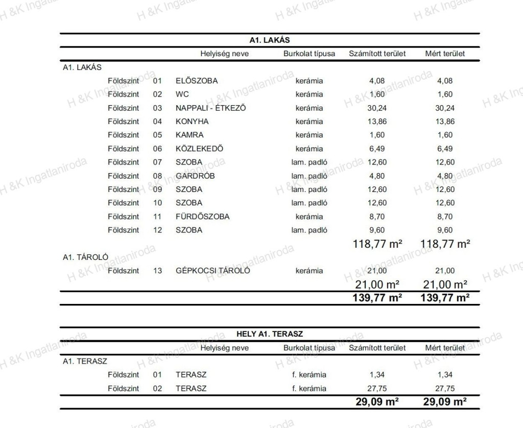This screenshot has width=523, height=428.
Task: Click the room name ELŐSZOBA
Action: point(197,81)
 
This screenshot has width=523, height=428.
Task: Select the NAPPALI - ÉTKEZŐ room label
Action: point(211,108)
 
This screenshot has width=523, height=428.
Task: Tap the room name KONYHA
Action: point(192,122)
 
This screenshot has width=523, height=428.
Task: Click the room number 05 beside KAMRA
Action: point(157,135)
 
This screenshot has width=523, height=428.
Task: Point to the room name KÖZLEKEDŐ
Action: point(199,149)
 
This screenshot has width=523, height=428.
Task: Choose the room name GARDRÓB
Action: point(195,176)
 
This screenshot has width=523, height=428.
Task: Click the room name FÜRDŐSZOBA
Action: point(202,217)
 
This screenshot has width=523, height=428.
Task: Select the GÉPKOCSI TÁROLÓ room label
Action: point(212,271)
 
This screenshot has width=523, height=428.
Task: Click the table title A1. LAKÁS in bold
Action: point(270,39)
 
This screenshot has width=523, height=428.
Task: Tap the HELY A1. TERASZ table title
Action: point(270,334)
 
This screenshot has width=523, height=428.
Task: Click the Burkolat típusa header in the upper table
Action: point(309,53)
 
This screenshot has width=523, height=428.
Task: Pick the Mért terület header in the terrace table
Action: point(445,348)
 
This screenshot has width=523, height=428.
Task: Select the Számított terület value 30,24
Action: point(377,108)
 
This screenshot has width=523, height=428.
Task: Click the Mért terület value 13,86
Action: point(445,122)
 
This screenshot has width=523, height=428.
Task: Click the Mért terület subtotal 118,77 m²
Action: point(445,244)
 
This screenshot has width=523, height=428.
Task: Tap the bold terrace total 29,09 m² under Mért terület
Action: point(445,401)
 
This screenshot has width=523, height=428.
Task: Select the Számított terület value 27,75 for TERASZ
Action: point(377,388)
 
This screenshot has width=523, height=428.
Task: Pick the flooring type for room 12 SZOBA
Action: point(309,230)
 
